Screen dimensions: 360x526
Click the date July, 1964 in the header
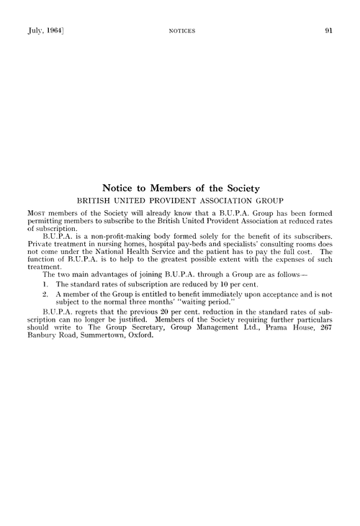point(40,31)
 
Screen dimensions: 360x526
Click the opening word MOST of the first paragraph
point(37,214)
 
